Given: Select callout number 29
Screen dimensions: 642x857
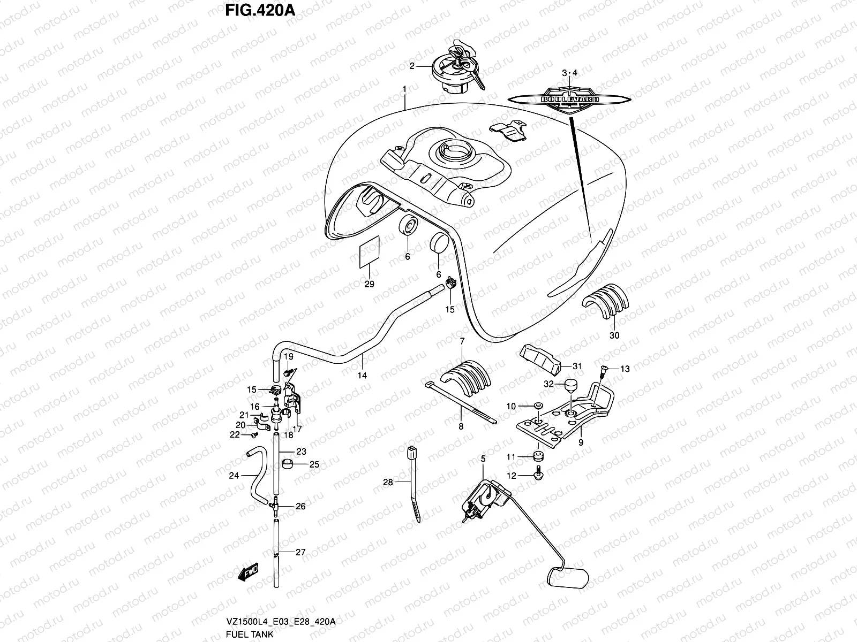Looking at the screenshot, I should tap(369, 284).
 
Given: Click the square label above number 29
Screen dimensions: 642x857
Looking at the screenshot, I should tap(369, 251).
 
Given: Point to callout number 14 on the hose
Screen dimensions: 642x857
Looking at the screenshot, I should tap(362, 376).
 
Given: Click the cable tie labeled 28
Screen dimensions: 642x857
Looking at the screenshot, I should tap(414, 484).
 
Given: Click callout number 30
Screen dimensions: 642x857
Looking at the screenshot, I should tap(614, 335).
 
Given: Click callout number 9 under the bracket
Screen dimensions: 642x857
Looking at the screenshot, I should tap(581, 442).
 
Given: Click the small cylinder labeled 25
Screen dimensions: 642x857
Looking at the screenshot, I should tap(288, 463).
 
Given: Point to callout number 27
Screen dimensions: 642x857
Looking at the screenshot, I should tap(300, 552).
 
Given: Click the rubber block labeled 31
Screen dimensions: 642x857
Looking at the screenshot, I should tap(539, 359).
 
